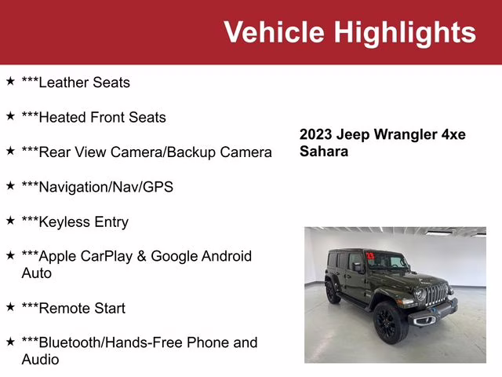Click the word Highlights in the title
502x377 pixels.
405,32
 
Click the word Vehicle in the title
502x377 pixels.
274,32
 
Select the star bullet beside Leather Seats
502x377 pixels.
10,81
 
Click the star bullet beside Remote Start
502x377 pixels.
10,307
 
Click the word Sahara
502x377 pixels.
323,151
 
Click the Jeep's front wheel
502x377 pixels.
389,322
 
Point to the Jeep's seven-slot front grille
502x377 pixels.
436,295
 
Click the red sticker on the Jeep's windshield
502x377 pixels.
369,255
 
